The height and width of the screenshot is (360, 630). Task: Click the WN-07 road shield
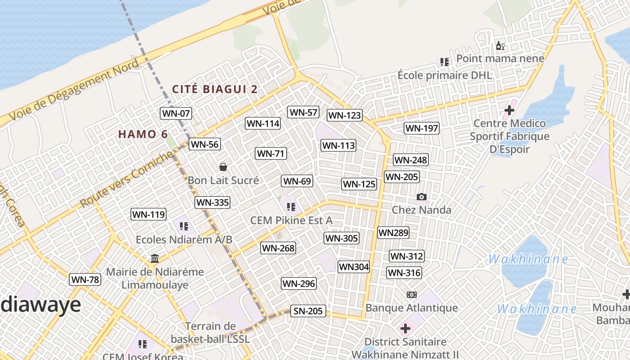tap(175, 113)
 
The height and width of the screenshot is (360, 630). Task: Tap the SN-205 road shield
tap(308, 311)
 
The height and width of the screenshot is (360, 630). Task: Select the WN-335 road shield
tap(212, 202)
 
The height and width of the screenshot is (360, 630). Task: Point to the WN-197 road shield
tap(421, 128)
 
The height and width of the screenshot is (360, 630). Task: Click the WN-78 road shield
tap(85, 279)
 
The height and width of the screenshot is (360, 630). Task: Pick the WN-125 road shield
tap(359, 184)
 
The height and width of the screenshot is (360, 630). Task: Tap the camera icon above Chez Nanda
tap(421, 197)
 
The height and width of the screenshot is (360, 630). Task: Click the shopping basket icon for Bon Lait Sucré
tap(223, 167)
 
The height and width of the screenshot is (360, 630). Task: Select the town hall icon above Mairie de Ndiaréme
tap(155, 258)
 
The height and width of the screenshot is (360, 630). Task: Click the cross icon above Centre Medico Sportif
tap(509, 110)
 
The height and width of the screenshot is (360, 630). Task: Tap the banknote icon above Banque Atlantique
tap(411, 295)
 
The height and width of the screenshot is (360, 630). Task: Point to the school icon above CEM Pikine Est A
tap(291, 207)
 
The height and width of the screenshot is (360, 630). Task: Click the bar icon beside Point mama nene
tap(500, 45)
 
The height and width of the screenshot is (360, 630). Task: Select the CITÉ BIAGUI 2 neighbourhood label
tap(215, 89)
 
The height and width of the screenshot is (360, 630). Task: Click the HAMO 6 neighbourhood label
tap(143, 134)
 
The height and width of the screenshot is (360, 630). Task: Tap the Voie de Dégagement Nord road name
tap(74, 90)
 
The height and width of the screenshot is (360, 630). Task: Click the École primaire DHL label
tap(445, 75)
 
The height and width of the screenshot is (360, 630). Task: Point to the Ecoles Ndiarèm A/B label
tap(184, 239)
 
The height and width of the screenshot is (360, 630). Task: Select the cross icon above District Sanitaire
tap(405, 328)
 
